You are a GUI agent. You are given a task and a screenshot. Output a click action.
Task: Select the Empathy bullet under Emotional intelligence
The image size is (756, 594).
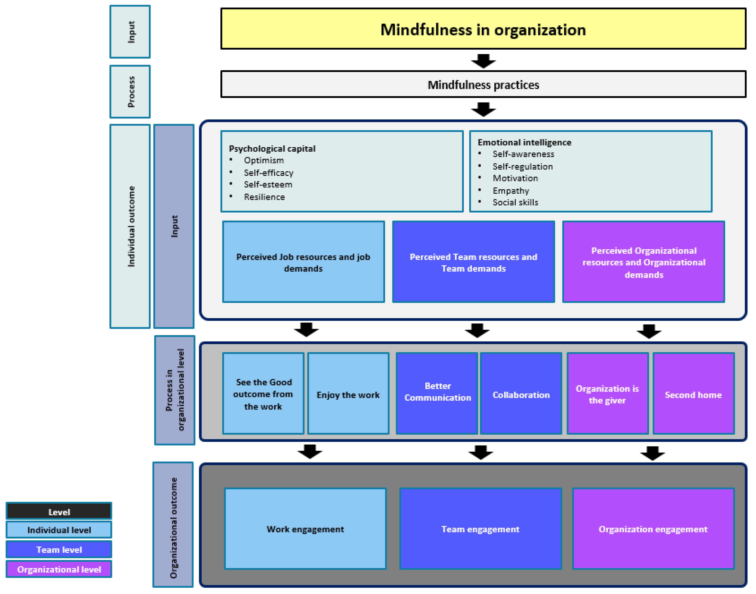click(x=510, y=191)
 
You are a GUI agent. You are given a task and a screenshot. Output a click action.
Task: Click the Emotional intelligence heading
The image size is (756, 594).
click(x=524, y=143)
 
